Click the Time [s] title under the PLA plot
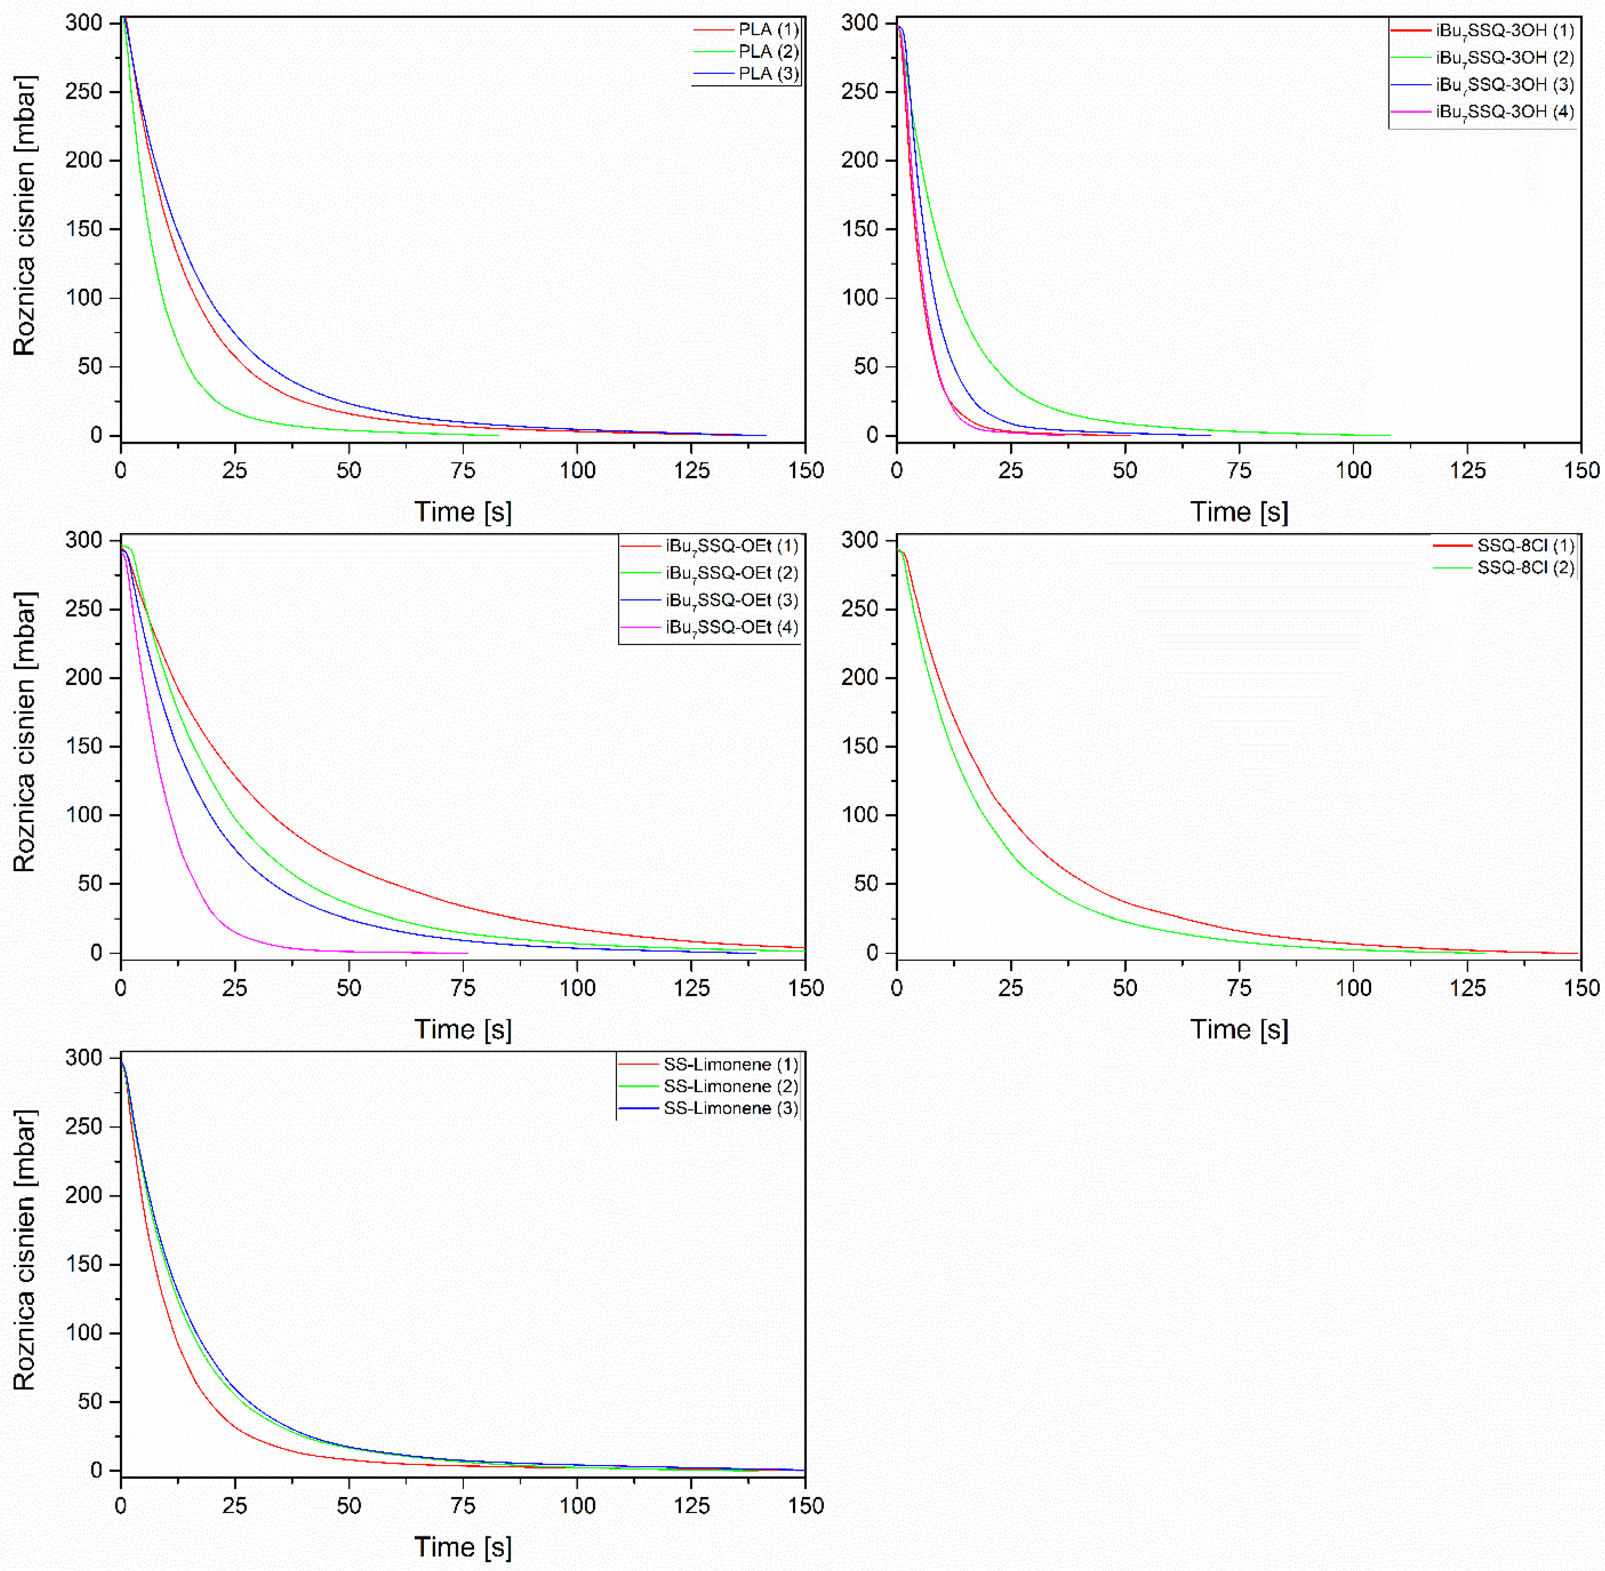pos(463,512)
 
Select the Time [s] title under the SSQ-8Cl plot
pos(1239,1029)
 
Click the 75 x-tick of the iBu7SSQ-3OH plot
pos(1239,470)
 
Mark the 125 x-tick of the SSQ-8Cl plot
pos(1467,988)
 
